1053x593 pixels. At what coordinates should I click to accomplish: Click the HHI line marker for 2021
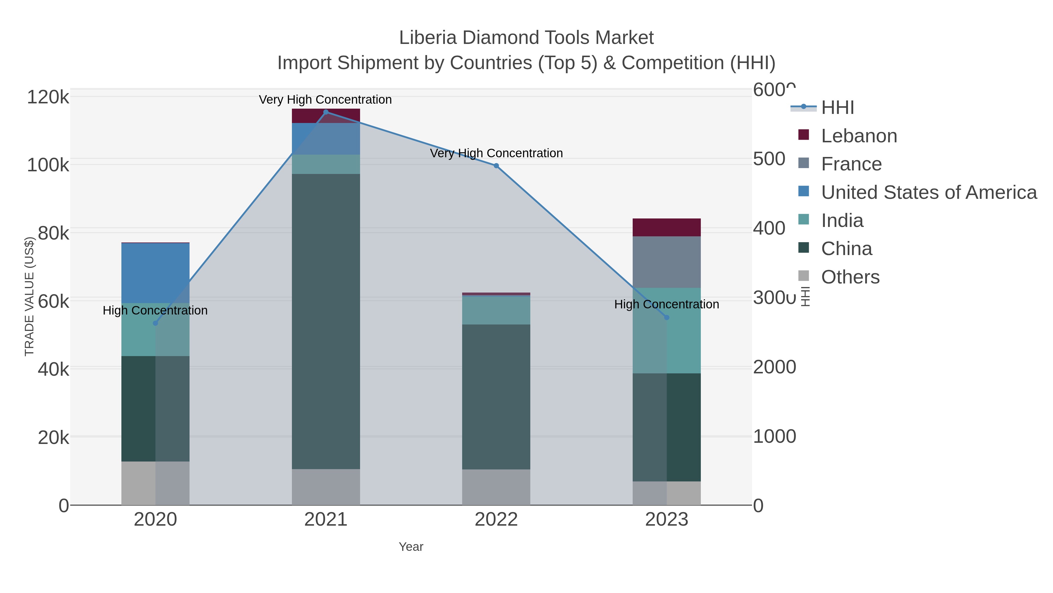[x=326, y=112]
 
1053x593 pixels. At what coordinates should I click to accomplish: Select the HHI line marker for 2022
[x=496, y=166]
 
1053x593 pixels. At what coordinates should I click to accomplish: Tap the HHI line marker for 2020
[x=155, y=323]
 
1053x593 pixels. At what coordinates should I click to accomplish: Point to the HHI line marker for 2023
[x=667, y=317]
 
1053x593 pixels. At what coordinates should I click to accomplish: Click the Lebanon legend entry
[x=858, y=136]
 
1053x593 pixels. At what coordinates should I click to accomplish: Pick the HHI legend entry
[x=837, y=108]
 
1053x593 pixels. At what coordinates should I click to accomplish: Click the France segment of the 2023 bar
[x=667, y=262]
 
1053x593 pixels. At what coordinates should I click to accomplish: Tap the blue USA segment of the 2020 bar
[x=155, y=273]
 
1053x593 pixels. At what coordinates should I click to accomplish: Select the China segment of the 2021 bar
[x=326, y=321]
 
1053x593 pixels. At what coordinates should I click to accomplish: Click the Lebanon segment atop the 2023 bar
[x=667, y=228]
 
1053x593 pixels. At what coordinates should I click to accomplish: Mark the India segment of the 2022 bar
[x=496, y=310]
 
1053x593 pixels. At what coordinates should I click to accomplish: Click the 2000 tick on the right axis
[x=774, y=367]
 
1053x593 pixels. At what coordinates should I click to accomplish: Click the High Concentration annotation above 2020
[x=155, y=311]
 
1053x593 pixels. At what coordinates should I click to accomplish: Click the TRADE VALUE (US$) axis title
[x=30, y=296]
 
